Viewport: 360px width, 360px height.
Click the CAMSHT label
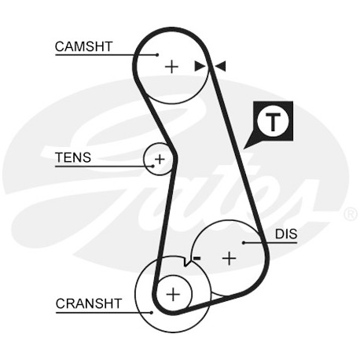[x=83, y=46]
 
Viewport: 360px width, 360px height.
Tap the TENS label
[x=73, y=157]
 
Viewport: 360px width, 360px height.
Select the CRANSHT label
[x=89, y=303]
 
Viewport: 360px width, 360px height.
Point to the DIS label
[x=286, y=234]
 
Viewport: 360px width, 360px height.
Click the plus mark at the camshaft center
[x=171, y=67]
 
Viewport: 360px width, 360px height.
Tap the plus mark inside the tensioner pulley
[x=160, y=159]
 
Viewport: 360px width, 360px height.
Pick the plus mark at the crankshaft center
[x=173, y=294]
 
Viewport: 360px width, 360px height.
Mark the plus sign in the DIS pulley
[x=230, y=259]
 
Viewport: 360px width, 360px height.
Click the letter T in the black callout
[x=273, y=122]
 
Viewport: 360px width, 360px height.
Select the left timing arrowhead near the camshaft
[x=200, y=66]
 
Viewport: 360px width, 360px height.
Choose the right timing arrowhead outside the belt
[x=220, y=66]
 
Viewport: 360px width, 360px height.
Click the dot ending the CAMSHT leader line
[x=157, y=55]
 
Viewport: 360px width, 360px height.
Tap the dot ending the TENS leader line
[x=152, y=166]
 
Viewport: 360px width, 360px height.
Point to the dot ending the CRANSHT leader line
[x=152, y=312]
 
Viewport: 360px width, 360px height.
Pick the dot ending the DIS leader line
[x=244, y=243]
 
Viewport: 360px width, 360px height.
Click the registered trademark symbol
[x=351, y=214]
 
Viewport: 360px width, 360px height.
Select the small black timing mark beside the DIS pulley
[x=197, y=259]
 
